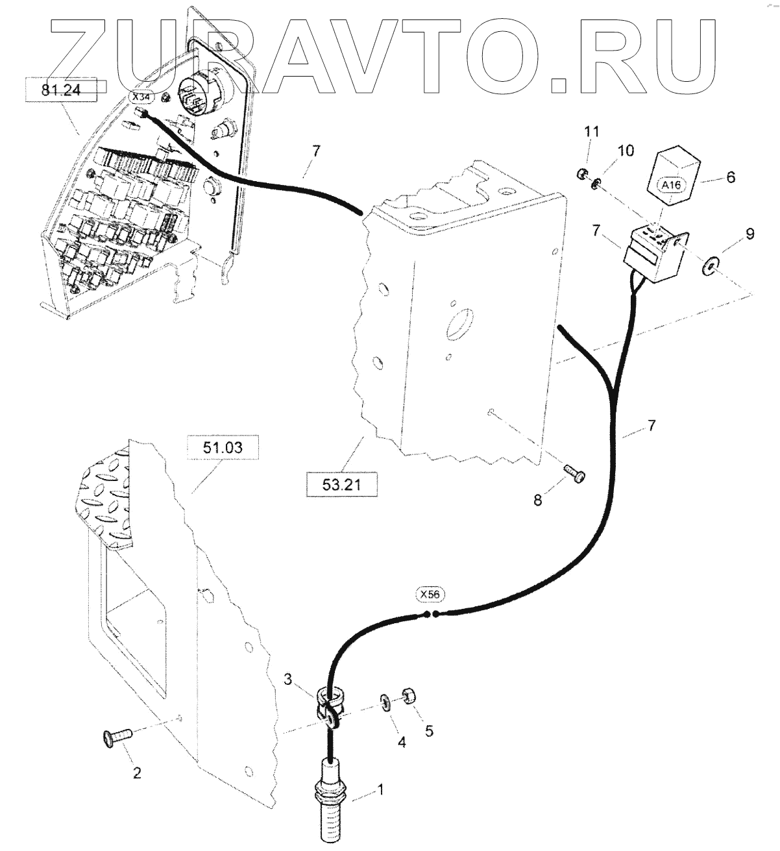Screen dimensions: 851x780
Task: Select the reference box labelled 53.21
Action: point(341,484)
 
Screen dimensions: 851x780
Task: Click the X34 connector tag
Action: point(140,98)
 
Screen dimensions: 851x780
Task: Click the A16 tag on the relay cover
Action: point(672,185)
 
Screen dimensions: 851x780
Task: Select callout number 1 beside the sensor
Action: point(381,790)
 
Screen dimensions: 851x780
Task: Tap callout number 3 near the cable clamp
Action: point(288,680)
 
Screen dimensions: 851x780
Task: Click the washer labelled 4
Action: point(385,702)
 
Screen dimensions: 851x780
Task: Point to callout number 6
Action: point(731,177)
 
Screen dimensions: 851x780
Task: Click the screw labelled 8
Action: point(575,475)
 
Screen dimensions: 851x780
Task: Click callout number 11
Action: point(591,132)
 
